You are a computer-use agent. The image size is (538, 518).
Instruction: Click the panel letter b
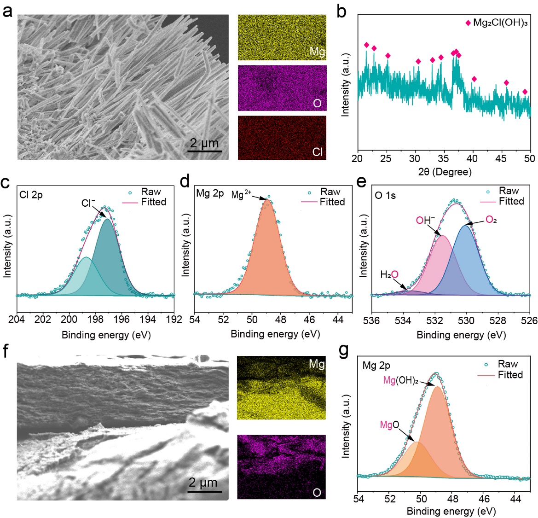(341, 11)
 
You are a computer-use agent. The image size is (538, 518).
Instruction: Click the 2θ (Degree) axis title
(444, 172)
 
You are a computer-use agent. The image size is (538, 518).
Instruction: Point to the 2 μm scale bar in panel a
(205, 150)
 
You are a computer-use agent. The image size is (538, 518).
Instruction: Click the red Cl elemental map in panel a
(282, 138)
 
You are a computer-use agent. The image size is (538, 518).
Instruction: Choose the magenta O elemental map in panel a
(282, 88)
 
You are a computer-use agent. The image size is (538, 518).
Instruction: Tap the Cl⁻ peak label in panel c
(88, 203)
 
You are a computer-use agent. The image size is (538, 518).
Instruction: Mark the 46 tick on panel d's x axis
(309, 319)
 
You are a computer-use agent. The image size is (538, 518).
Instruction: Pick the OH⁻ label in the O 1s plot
(425, 220)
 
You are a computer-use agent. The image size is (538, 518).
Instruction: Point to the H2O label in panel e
(389, 275)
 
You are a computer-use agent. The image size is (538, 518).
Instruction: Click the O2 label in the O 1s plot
(491, 220)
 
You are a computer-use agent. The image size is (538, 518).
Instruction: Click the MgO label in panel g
(389, 425)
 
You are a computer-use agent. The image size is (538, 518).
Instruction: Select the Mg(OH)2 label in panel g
(400, 381)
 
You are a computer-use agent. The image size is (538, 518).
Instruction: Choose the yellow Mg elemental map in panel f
(281, 388)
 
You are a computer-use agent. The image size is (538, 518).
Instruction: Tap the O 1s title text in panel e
(385, 195)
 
